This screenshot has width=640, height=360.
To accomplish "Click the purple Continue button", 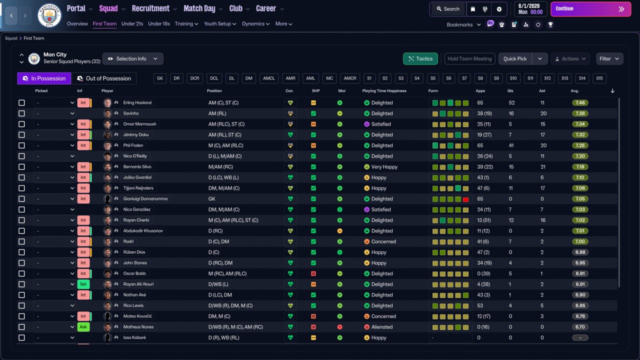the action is pos(590,9).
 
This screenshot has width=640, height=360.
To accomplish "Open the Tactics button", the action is pos(420,58).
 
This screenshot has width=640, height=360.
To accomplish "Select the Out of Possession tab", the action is pos(104,78).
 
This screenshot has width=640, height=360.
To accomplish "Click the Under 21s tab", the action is pos(132,23).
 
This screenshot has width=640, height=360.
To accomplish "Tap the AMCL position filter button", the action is pos(269,78).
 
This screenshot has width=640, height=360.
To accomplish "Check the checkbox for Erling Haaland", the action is pos(21,103).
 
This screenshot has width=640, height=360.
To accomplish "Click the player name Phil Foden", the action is pos(133,145).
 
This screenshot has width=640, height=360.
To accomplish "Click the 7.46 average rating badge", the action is pos(580,103).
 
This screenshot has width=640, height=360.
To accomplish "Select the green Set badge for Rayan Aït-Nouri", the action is pos(83,284).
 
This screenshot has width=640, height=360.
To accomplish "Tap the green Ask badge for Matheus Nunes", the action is pos(83,327).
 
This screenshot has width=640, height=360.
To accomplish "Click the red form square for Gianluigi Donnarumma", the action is pos(465,199).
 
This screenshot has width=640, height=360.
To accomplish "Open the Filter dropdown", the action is pos(609,58).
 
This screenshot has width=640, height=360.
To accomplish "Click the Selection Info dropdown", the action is pos(133,58).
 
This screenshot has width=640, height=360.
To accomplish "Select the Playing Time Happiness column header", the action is pos(384,91).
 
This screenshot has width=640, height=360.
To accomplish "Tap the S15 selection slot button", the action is pos(599,78).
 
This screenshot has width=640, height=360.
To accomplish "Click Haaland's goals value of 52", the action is pos(511,103).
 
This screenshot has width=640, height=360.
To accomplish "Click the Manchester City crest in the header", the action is pos(49,15).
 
